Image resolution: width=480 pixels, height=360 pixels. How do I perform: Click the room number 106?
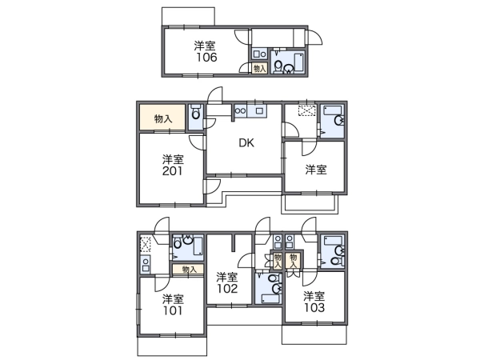206,58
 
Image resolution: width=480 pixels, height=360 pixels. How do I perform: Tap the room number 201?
172,171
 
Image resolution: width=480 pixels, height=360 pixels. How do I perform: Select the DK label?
246,143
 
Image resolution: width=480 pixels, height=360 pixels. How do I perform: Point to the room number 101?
172,310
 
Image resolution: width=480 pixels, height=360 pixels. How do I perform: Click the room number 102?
227,288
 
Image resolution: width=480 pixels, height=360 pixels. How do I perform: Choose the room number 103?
314,307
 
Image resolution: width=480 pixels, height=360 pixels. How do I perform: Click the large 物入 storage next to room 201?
162,118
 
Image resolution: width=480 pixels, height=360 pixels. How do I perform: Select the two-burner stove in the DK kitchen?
241,111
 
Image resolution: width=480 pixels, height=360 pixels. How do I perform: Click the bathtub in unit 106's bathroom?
299,62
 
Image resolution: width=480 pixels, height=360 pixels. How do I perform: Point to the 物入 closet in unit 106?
259,68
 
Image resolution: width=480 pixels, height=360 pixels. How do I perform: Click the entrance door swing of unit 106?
314,38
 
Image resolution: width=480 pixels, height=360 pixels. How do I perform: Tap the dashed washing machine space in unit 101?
144,245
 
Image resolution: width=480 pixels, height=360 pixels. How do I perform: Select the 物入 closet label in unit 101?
189,270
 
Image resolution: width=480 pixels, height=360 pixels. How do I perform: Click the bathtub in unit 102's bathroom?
271,298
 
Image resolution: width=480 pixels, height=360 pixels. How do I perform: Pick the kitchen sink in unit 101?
146,264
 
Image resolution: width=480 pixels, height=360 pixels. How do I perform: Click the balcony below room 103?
314,334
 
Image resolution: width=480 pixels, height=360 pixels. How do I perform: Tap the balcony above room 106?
188,17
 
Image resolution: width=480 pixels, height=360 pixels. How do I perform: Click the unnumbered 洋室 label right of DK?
316,170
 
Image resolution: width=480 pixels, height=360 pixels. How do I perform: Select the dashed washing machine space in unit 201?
307,110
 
